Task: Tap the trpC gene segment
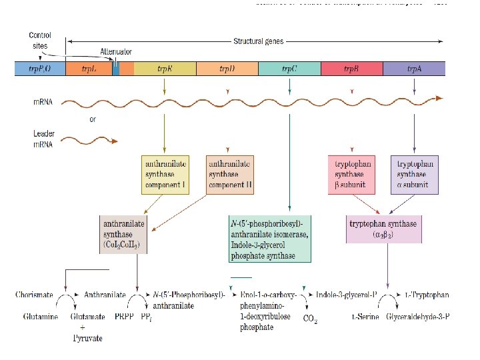(x=289, y=68)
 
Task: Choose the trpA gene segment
(x=413, y=68)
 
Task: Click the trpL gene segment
(x=88, y=68)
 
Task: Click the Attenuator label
(x=116, y=51)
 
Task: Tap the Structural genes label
(x=258, y=41)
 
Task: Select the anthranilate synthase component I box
(x=164, y=175)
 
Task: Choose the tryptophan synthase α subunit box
(x=415, y=175)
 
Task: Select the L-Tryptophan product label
(x=427, y=295)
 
